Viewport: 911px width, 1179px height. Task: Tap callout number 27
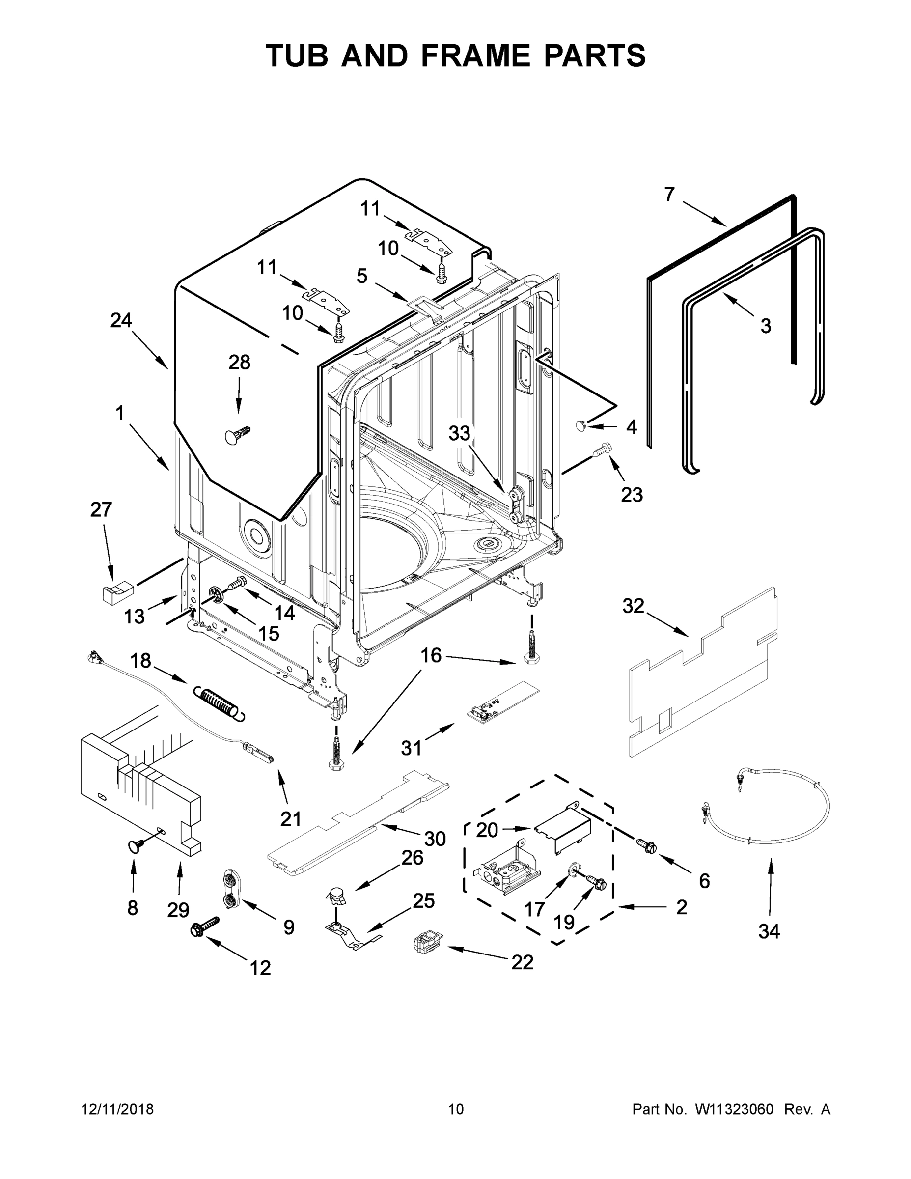[101, 509]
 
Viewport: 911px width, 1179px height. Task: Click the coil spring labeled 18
[218, 701]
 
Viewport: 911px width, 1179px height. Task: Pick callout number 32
[633, 606]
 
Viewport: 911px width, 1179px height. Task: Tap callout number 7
[669, 195]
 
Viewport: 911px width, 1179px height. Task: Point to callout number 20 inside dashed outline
[486, 830]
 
